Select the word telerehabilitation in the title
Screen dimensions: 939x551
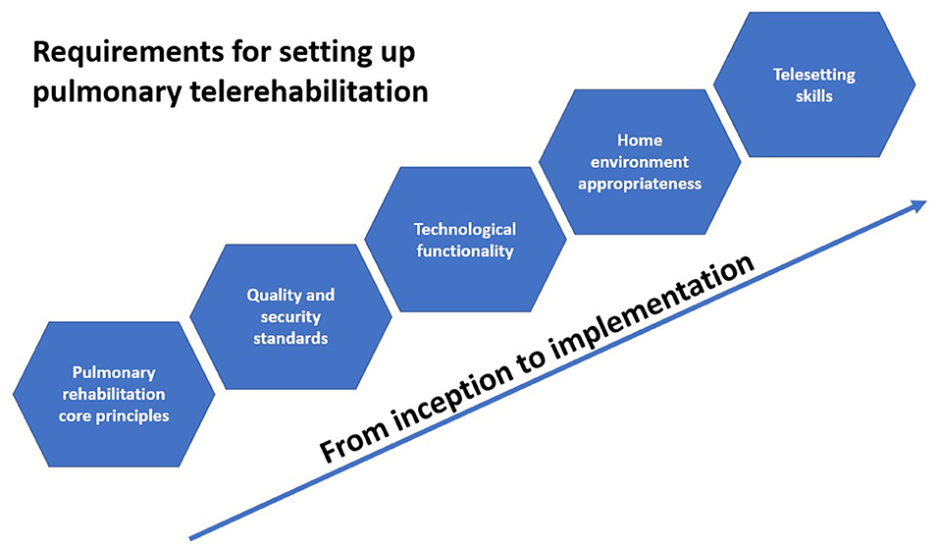308,92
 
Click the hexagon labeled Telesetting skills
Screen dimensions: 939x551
813,84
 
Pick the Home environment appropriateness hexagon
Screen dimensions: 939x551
640,162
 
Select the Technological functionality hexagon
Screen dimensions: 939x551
465,240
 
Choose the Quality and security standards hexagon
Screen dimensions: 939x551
290,316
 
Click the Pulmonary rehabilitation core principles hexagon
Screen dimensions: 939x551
114,394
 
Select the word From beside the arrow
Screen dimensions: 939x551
352,436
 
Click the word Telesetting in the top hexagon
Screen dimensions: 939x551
813,75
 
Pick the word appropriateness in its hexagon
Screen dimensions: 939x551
640,184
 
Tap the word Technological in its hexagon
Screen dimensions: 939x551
465,229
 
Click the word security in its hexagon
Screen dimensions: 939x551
290,317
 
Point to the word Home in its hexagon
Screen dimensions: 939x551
640,140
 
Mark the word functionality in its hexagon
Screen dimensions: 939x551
465,251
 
